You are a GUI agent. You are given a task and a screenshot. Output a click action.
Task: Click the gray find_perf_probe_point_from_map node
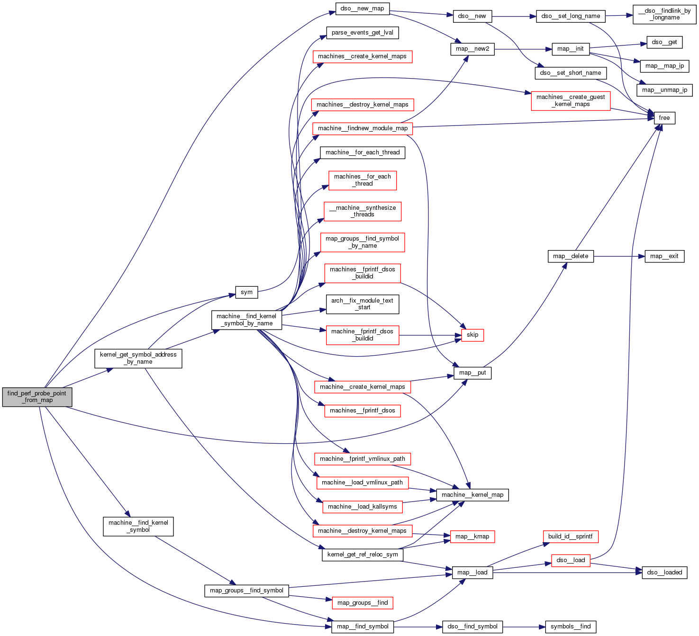[37, 397]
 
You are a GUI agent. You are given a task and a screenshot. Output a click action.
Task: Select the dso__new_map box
[362, 9]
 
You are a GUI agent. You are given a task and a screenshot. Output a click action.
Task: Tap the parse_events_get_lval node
[362, 33]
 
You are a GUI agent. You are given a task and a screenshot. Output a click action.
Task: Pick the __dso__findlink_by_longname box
[664, 14]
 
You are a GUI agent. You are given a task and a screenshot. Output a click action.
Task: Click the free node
[664, 118]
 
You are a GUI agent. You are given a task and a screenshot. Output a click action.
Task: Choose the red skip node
[472, 335]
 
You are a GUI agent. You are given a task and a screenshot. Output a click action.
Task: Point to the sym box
[246, 292]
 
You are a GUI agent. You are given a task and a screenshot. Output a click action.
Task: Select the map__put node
[472, 373]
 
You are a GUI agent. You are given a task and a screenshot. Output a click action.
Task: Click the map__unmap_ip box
[664, 90]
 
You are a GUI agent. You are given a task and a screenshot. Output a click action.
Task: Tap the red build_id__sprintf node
[570, 537]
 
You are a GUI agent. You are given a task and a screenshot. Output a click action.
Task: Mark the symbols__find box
[570, 627]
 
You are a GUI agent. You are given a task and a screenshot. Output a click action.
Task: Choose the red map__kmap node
[472, 537]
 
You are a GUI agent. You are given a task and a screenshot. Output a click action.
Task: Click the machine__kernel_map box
[472, 495]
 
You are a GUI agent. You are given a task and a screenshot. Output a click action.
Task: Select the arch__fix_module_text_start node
[362, 304]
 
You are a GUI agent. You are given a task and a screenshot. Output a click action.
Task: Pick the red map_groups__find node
[362, 603]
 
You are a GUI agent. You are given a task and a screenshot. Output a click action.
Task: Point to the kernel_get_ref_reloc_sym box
[362, 555]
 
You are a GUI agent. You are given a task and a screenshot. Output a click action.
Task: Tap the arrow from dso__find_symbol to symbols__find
[524, 627]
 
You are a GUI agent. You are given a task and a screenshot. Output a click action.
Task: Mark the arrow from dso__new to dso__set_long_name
[514, 16]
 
